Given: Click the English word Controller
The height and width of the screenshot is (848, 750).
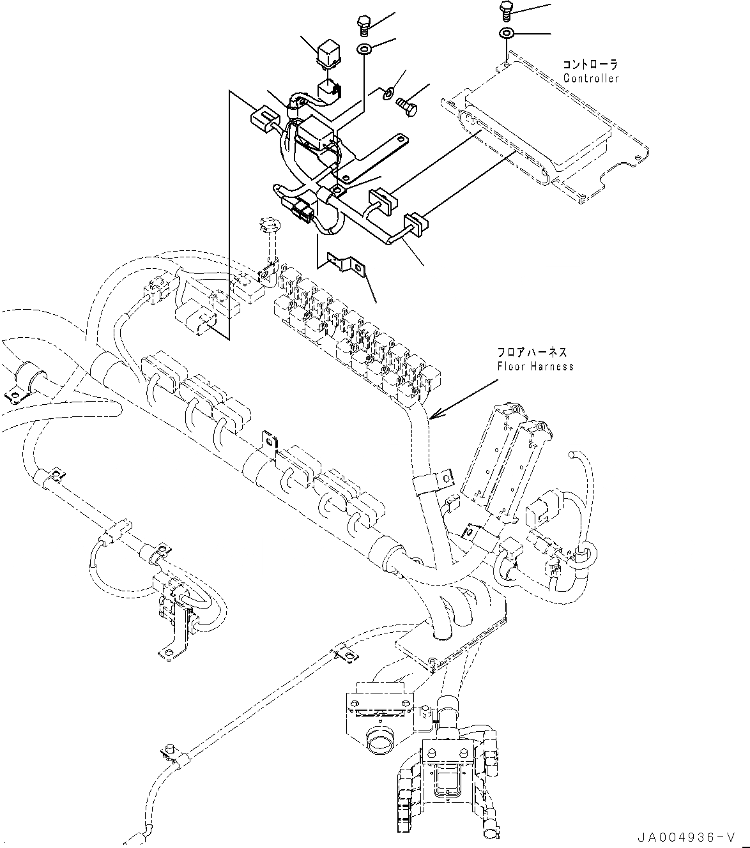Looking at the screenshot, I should (x=591, y=79).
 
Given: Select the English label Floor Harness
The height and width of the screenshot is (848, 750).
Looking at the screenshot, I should (x=535, y=367).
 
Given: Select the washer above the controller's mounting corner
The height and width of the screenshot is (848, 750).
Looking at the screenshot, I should (x=506, y=33).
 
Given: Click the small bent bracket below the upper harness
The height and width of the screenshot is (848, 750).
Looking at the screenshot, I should (x=346, y=264).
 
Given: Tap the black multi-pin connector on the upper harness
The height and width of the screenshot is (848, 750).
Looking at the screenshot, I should (x=301, y=210).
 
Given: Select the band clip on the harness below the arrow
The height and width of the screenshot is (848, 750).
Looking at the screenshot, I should (x=431, y=480).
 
